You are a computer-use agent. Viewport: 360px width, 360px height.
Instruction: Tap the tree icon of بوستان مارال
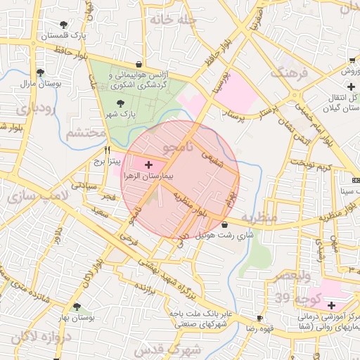tap(40, 72)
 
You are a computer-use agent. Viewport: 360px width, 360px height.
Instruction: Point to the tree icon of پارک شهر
tap(120, 103)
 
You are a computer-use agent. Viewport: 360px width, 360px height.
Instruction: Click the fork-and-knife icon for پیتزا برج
tap(107, 150)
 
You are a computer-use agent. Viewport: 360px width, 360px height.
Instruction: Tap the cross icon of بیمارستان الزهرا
tap(148, 164)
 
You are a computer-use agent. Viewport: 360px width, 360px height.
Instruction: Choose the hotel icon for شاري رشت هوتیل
tap(224, 224)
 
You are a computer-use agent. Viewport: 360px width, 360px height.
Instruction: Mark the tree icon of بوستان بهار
tap(77, 307)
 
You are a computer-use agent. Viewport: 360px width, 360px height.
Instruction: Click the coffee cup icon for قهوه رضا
tap(260, 318)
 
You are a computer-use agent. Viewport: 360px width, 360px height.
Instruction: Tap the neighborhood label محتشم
tap(86, 133)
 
